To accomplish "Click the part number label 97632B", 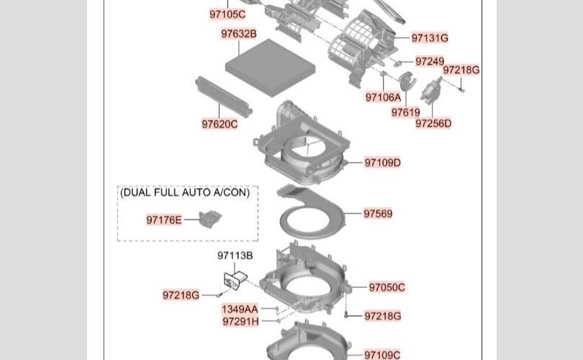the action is tap(239, 34).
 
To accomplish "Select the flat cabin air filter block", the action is tap(271, 68).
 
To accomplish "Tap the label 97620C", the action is tap(220, 124).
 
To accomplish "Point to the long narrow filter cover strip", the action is tap(224, 96).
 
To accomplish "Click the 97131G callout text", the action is tap(430, 38).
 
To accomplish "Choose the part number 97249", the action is tap(430, 61).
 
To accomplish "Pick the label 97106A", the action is tap(383, 97).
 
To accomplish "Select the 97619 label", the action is tap(406, 112).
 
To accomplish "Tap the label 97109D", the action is tap(383, 163).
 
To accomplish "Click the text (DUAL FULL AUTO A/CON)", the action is tap(185, 192).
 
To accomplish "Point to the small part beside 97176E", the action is tap(210, 219).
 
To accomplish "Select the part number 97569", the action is tap(378, 214).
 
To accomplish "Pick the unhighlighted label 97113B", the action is tap(235, 256).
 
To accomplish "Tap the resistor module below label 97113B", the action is tap(235, 279).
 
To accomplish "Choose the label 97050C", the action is tap(387, 287).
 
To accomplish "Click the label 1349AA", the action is tap(240, 309).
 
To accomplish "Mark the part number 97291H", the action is tap(240, 321).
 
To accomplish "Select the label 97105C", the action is tap(227, 14).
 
